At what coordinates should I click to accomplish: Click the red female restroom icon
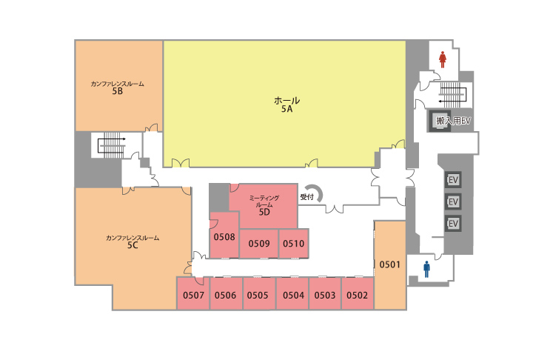[442, 59]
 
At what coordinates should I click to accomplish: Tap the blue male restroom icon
[426, 269]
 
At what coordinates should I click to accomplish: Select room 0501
[390, 264]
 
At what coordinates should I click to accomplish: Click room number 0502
[357, 295]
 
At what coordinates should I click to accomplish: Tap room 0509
[259, 243]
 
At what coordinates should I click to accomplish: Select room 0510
[294, 243]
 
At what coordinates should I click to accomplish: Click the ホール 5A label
[287, 104]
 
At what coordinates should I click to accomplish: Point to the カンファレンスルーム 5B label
[117, 87]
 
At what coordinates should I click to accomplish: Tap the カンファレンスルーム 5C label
[133, 241]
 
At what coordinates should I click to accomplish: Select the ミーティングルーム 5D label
[264, 205]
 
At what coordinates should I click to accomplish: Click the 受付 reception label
[306, 197]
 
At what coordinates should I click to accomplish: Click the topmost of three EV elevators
[453, 180]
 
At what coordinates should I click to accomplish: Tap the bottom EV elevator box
[453, 224]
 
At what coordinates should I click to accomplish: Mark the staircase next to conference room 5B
[112, 145]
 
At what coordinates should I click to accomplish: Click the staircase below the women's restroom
[453, 93]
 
